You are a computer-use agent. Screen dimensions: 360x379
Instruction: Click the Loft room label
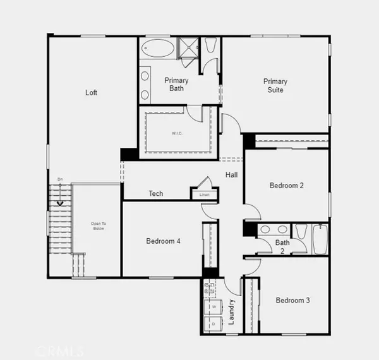point(92,93)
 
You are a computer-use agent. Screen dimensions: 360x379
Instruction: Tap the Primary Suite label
point(275,85)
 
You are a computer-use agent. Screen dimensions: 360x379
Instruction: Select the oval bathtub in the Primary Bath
point(159,49)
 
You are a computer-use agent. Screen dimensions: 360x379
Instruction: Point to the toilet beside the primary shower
point(210,46)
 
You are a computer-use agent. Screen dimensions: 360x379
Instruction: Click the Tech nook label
point(155,193)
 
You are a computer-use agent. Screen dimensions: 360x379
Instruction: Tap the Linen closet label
point(204,195)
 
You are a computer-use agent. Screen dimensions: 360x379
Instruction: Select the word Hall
point(231,175)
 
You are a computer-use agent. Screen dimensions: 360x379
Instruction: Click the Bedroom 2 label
point(287,186)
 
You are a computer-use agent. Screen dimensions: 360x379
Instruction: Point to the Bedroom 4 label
point(163,241)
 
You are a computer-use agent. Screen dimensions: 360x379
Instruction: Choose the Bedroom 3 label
point(292,300)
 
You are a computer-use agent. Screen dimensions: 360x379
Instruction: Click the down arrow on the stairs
point(61,202)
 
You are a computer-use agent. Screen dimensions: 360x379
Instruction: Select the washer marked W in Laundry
point(213,307)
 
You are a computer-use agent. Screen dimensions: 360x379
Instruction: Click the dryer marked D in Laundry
point(213,323)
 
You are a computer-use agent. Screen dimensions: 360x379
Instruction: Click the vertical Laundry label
point(232,311)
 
